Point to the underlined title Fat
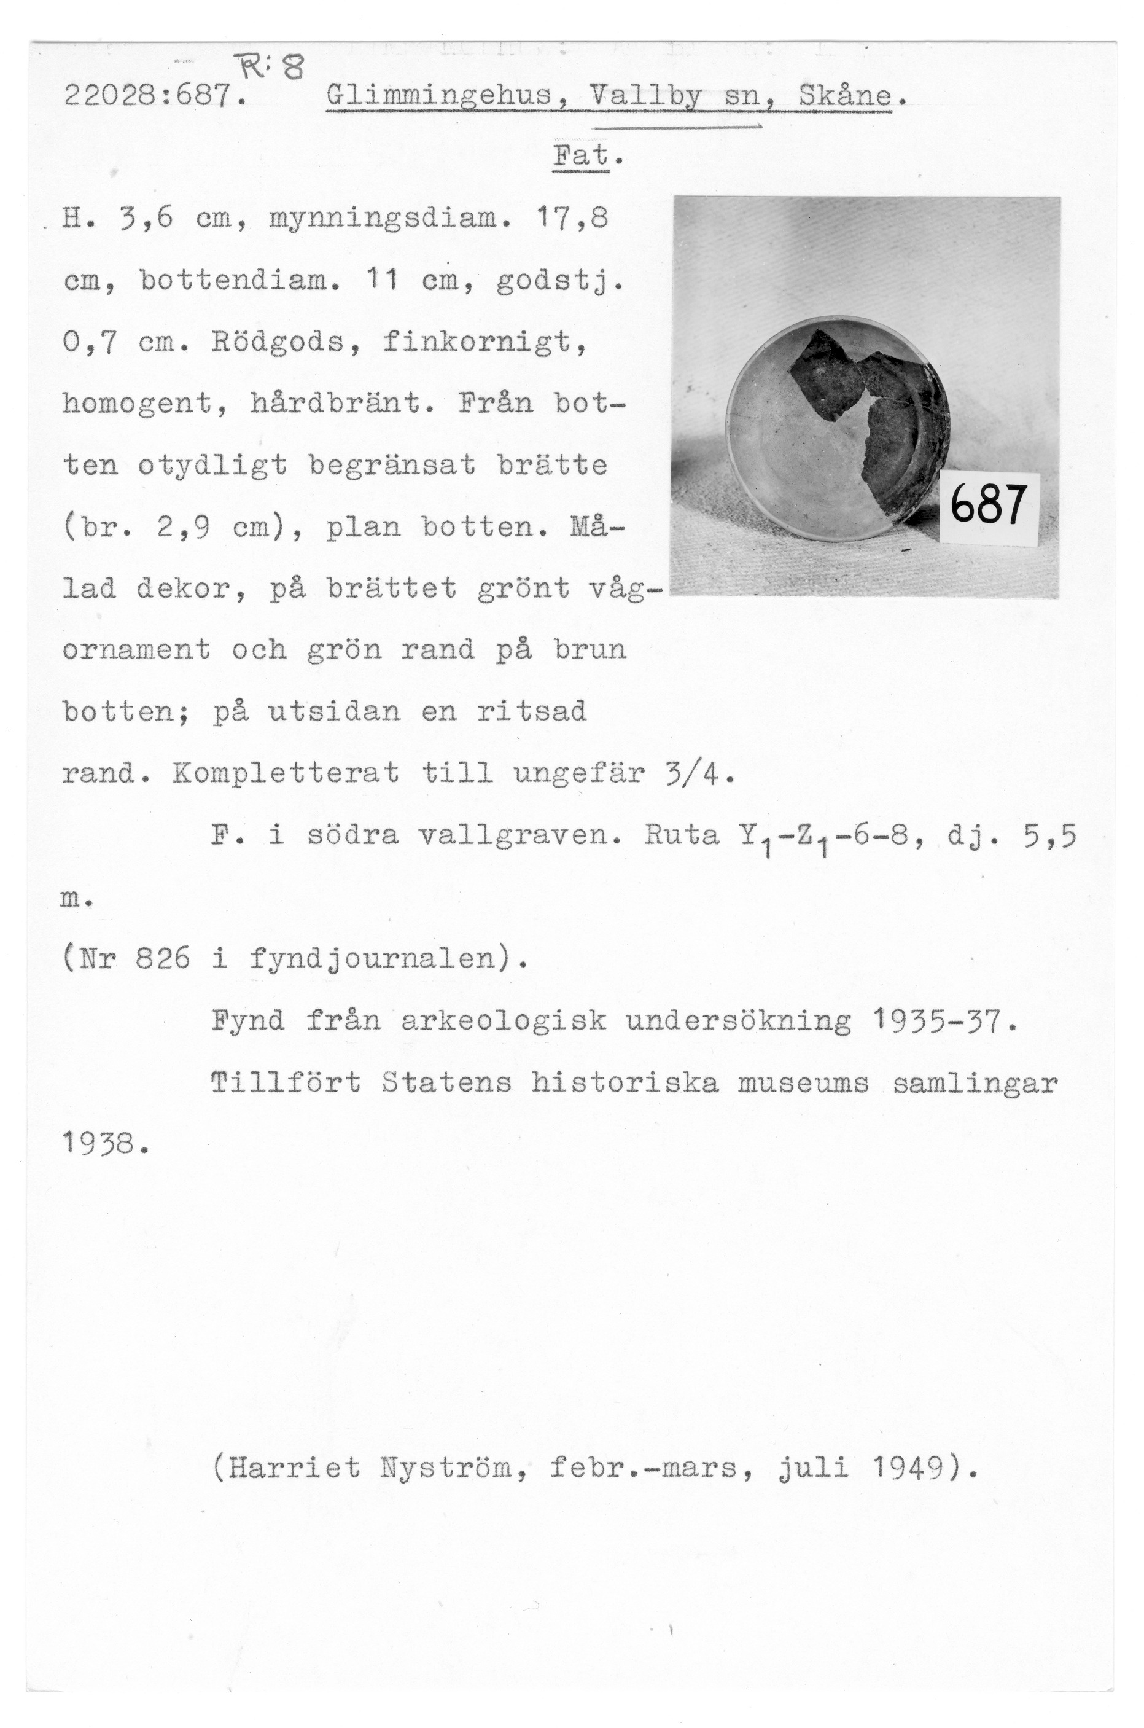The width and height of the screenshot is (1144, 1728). point(582,156)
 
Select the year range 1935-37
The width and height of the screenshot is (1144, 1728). point(943,1020)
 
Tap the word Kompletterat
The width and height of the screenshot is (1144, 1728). point(286,772)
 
